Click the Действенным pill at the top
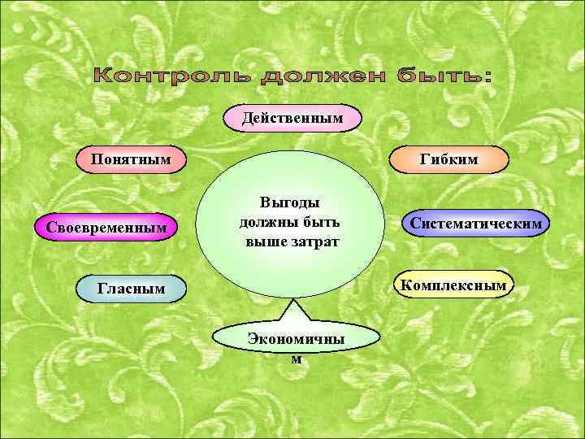tap(292, 120)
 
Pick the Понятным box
tap(131, 158)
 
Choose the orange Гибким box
tap(449, 159)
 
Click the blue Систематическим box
tap(476, 222)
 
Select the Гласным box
tap(131, 287)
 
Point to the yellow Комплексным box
tap(454, 285)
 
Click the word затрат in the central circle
tap(314, 241)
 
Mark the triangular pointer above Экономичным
tap(293, 312)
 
